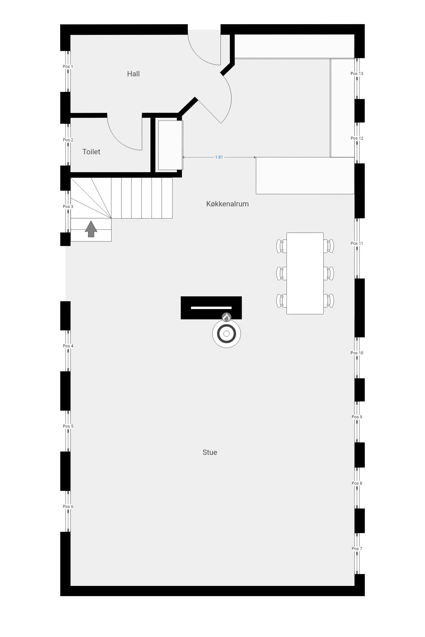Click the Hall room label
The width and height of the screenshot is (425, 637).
(133, 74)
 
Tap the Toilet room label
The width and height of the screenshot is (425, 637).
(91, 152)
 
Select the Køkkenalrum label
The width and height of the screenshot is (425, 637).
(227, 204)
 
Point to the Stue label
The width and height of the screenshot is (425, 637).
(210, 452)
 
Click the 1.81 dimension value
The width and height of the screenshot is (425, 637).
(219, 157)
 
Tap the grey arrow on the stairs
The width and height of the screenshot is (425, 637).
(91, 229)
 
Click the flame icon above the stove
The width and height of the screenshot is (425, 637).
(226, 318)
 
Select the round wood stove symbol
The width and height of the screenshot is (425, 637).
(226, 334)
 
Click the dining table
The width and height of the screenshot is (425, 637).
(305, 273)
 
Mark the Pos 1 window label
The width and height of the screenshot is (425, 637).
(68, 67)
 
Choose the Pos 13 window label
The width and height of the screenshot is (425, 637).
(357, 74)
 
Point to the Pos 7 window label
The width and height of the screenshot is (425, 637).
(357, 548)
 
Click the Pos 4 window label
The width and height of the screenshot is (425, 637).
(68, 346)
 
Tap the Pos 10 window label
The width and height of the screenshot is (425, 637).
(357, 353)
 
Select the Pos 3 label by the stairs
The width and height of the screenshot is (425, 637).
(68, 206)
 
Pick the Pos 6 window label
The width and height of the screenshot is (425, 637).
(68, 506)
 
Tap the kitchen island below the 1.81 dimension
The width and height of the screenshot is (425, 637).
(305, 176)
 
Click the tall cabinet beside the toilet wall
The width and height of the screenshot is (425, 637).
(170, 145)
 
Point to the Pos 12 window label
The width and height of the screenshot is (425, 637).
(357, 138)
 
